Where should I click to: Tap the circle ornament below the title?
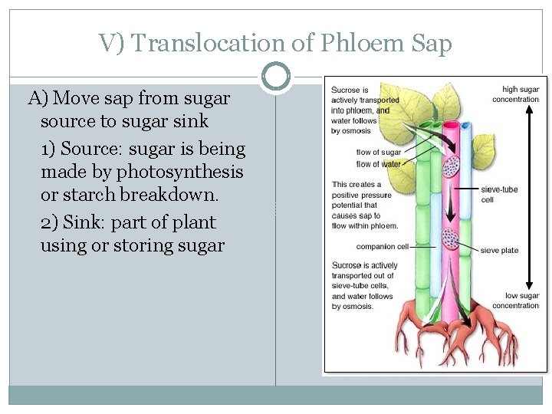click(x=276, y=77)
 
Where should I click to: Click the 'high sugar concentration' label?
click(x=516, y=94)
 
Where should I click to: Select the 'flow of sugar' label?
click(x=379, y=153)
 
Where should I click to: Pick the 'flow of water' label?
click(x=379, y=163)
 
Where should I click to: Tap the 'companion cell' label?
click(x=383, y=247)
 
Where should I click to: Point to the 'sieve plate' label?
click(x=499, y=251)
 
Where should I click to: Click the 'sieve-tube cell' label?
click(x=498, y=194)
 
